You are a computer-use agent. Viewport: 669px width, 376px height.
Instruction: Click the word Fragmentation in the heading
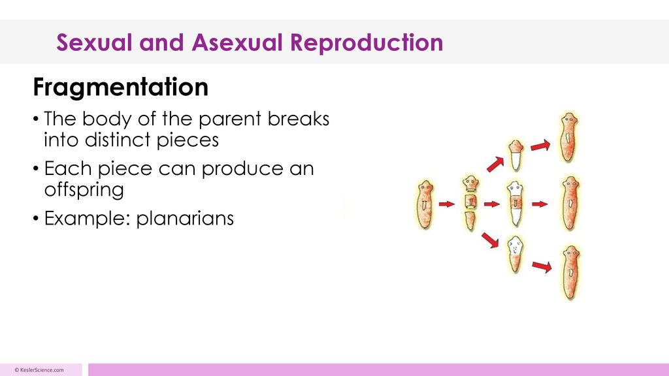pos(121,87)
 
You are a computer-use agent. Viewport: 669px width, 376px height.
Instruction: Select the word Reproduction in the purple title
pos(367,42)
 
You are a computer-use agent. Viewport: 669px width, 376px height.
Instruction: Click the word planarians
pos(185,218)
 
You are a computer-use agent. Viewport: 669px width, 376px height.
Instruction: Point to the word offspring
pos(84,189)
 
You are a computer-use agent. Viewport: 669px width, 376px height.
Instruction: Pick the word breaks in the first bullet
pos(298,119)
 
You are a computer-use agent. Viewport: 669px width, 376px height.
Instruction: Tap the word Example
pos(87,218)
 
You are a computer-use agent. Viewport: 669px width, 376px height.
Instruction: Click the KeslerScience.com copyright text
pos(39,370)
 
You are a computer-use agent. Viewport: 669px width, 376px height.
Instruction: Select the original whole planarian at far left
pos(425,204)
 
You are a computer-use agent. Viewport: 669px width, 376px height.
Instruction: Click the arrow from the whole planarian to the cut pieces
pos(447,204)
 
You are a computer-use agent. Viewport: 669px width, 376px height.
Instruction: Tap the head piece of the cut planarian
pos(470,183)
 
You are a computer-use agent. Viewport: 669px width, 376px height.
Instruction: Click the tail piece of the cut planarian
pos(470,221)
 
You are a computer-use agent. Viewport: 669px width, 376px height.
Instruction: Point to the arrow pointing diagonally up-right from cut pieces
pos(495,164)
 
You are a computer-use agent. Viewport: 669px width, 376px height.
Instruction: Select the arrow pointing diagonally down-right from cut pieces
pos(490,240)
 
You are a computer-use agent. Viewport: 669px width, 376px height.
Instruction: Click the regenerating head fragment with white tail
pos(516,155)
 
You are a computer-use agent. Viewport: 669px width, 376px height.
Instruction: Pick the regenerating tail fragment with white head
pos(515,255)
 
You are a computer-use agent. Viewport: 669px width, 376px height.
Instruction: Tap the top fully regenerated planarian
pos(569,137)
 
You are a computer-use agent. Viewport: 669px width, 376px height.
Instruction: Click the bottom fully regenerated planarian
pos(570,273)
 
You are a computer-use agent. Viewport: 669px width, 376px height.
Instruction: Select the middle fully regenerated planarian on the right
pos(570,204)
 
